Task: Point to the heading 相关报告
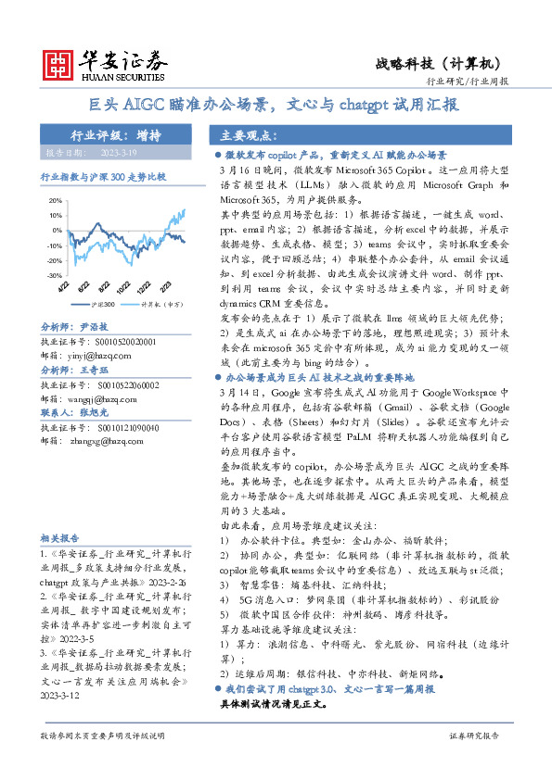pyautogui.click(x=60, y=538)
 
